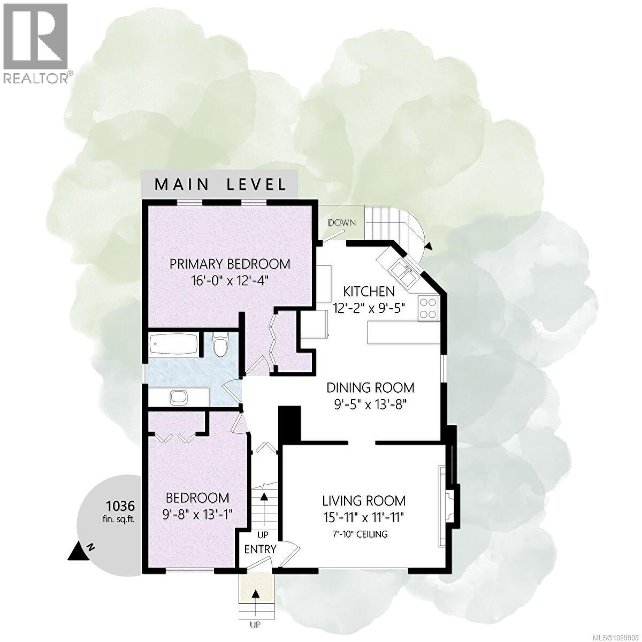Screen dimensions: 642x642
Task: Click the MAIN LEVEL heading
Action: click(x=220, y=185)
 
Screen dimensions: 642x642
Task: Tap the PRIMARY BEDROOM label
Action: click(x=230, y=264)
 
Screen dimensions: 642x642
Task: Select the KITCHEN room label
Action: click(x=369, y=292)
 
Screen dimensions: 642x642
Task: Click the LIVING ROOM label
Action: click(x=363, y=501)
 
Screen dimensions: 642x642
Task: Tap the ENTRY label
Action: click(x=260, y=549)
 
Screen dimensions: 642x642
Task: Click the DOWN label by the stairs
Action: click(x=342, y=223)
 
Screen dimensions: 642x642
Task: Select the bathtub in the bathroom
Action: click(x=172, y=343)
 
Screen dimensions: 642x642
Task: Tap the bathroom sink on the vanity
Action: click(x=178, y=398)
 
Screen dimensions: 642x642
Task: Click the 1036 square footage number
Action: click(x=120, y=505)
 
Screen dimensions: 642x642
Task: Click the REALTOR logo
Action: click(x=36, y=43)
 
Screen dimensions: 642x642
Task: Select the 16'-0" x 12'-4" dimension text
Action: click(x=230, y=280)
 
